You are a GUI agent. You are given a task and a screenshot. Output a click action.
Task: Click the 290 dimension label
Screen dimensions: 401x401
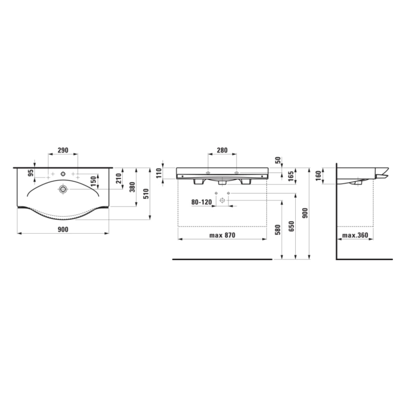click(63, 150)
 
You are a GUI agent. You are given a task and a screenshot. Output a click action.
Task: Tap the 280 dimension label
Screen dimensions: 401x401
click(222, 150)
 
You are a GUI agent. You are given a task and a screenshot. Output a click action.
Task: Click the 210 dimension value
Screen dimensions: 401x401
click(118, 178)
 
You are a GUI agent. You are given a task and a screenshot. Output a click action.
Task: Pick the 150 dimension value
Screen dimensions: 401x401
click(94, 181)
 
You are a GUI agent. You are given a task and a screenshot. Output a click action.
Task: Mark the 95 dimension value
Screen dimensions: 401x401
click(31, 173)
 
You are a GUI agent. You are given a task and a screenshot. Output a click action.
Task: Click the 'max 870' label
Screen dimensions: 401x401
click(222, 235)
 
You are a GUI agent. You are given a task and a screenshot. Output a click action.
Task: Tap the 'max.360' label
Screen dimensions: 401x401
click(355, 235)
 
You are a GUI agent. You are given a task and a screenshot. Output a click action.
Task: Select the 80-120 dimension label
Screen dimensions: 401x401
click(202, 202)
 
